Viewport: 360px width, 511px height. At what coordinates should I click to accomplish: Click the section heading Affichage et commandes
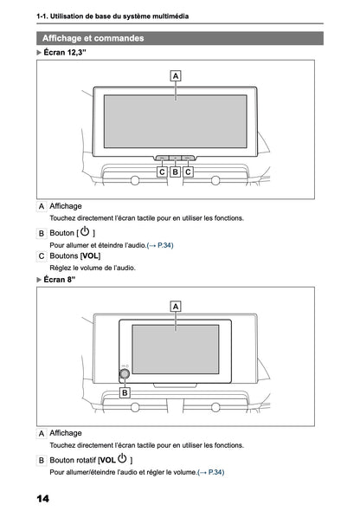tap(93, 38)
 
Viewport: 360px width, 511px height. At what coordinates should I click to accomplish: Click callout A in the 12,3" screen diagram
tap(176, 76)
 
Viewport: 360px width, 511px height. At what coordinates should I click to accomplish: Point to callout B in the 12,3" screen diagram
tap(176, 171)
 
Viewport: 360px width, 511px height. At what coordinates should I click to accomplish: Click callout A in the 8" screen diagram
tap(176, 306)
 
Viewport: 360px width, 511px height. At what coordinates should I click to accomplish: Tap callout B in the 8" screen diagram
tap(125, 392)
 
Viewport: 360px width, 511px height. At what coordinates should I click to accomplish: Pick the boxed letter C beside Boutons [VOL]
tap(42, 257)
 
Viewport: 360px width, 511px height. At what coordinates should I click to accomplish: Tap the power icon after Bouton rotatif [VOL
tap(122, 458)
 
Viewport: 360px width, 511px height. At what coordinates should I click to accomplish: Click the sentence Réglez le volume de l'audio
tap(92, 268)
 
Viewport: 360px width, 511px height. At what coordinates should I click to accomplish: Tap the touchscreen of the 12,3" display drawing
tap(176, 121)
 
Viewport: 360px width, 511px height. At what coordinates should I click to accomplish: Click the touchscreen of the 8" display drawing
tap(176, 349)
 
